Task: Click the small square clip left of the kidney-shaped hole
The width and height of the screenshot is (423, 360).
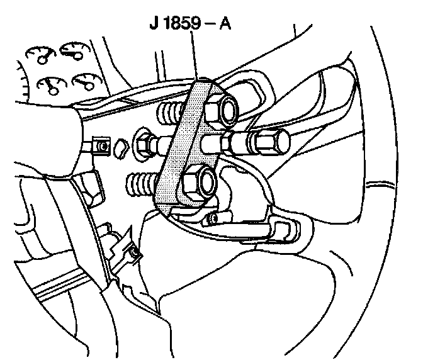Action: coord(100,147)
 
